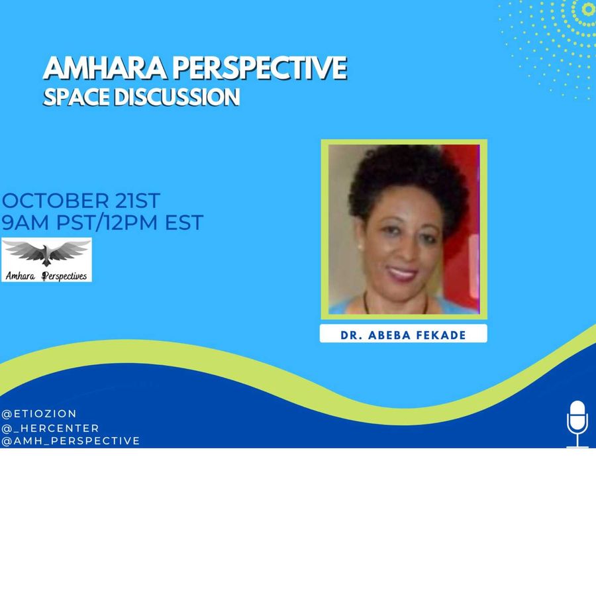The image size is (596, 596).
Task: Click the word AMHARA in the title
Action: click(x=105, y=68)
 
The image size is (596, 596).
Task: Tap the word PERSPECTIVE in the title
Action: click(x=260, y=68)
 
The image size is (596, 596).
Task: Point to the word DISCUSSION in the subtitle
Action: click(x=177, y=97)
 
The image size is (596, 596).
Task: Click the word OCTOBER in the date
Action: click(x=55, y=201)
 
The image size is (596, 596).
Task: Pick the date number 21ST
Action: click(x=137, y=201)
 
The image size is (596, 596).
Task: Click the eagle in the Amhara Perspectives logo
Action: click(x=46, y=254)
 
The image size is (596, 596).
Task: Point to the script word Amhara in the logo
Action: click(x=21, y=276)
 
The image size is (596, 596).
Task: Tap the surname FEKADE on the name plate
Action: click(x=441, y=335)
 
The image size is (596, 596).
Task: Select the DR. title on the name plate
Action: click(x=352, y=335)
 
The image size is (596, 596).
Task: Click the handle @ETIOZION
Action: click(x=39, y=413)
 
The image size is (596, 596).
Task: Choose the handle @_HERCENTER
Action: click(x=50, y=428)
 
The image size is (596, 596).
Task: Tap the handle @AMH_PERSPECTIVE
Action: click(x=71, y=440)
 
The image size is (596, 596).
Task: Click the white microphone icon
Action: click(x=577, y=423)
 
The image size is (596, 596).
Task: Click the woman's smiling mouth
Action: click(x=402, y=273)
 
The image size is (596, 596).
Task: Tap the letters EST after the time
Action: click(x=184, y=223)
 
